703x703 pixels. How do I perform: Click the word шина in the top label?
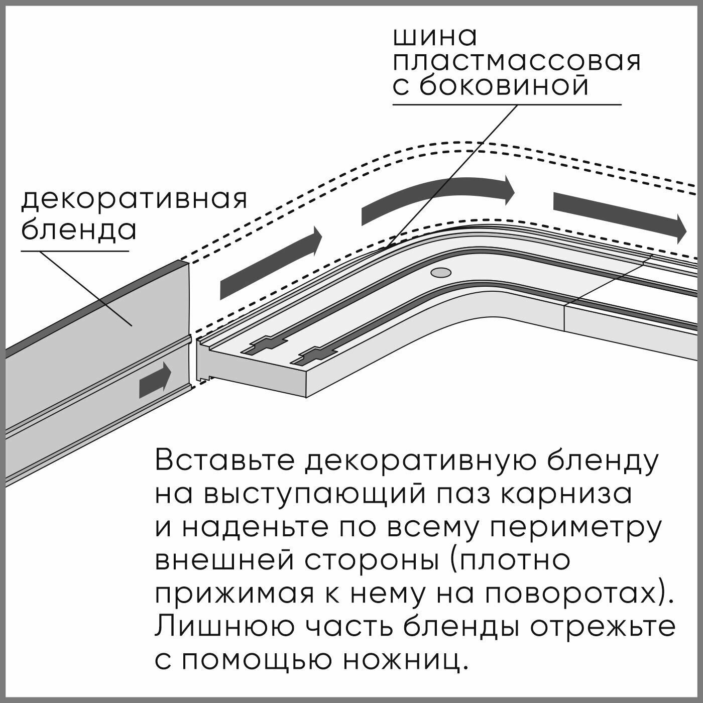pyautogui.click(x=435, y=38)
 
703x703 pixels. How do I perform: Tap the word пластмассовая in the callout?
pyautogui.click(x=517, y=63)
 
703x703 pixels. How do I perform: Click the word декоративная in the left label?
pyautogui.click(x=134, y=199)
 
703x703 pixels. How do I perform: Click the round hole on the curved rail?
pyautogui.click(x=440, y=273)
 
